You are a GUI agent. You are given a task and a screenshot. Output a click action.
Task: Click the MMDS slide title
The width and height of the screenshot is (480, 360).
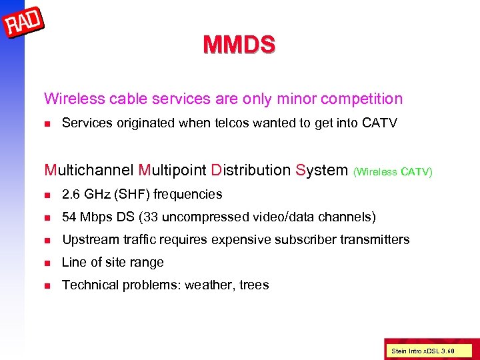(x=239, y=45)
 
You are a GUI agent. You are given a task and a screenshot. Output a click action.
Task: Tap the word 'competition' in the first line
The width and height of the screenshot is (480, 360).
(x=361, y=99)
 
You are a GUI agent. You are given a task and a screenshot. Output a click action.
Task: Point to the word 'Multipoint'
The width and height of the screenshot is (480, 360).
(x=172, y=170)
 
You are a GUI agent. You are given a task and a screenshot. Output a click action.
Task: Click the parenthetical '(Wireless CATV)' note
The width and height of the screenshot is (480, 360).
(x=393, y=172)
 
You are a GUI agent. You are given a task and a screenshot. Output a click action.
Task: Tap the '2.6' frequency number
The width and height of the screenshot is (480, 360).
(x=71, y=195)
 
